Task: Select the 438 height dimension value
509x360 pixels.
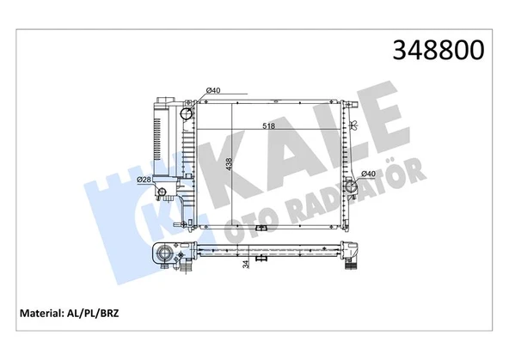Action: pyautogui.click(x=227, y=164)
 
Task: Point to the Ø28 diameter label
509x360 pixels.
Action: pyautogui.click(x=144, y=179)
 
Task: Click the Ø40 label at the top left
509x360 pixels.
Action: pyautogui.click(x=214, y=90)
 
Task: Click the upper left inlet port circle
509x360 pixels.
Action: pyautogui.click(x=188, y=113)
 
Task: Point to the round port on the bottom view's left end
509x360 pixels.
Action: pyautogui.click(x=163, y=254)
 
